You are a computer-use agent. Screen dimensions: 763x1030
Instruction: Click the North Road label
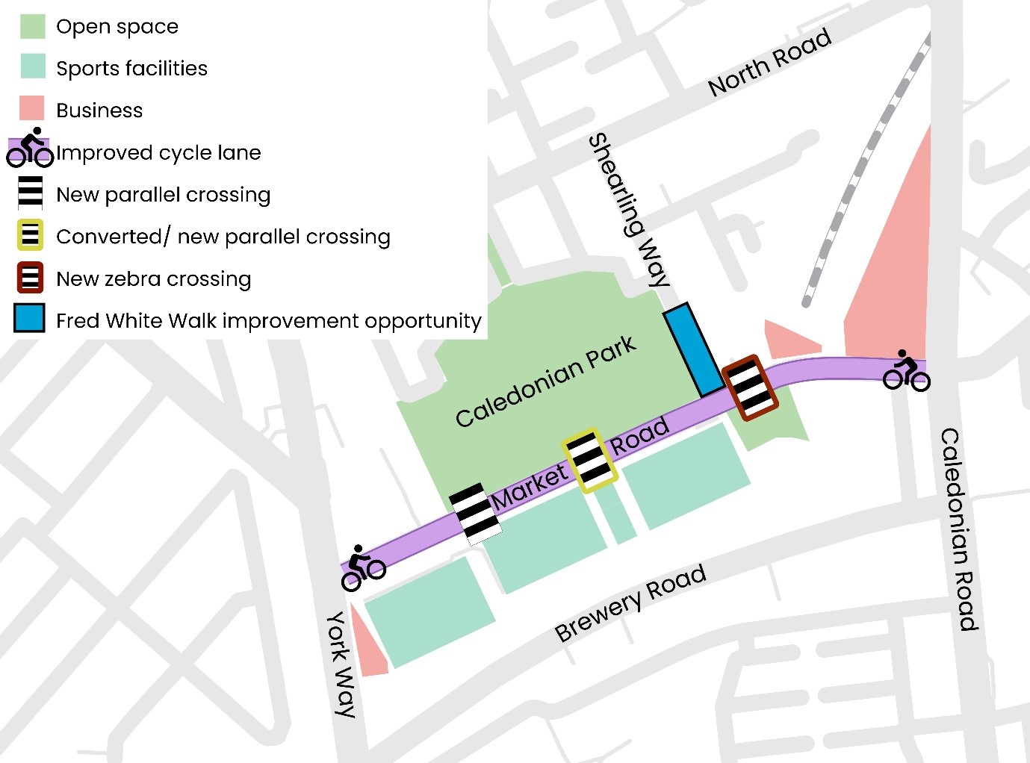click(x=769, y=63)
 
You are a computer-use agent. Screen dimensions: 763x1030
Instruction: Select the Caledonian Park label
click(x=545, y=381)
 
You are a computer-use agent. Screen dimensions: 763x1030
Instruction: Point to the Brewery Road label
click(x=630, y=602)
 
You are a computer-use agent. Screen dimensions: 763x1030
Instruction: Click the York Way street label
click(x=341, y=664)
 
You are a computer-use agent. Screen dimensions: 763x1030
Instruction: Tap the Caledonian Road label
click(x=959, y=529)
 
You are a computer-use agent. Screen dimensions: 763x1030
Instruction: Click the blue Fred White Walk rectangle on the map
click(x=694, y=349)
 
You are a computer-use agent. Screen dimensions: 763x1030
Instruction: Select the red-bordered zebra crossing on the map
click(x=751, y=387)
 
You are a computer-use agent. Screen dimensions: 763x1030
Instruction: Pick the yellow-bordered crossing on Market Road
click(x=590, y=460)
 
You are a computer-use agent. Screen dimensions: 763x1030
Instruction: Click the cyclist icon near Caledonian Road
click(x=906, y=371)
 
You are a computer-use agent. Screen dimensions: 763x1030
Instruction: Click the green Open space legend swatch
click(x=32, y=26)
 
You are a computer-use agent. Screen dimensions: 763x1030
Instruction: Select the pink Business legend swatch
click(x=32, y=109)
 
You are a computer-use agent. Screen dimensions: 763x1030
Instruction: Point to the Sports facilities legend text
click(x=131, y=69)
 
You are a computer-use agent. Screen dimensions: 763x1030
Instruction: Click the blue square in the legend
click(x=30, y=318)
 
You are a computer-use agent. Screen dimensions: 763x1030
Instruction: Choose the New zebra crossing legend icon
click(x=30, y=278)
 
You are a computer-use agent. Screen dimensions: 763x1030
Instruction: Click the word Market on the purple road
click(x=530, y=487)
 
